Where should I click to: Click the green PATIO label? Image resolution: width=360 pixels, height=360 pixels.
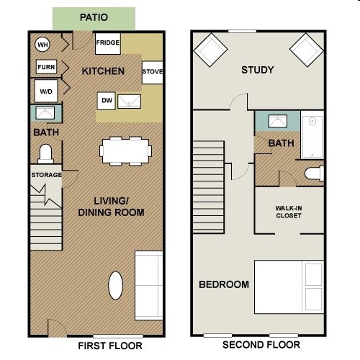click(94, 17)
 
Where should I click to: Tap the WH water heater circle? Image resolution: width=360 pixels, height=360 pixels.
click(42, 44)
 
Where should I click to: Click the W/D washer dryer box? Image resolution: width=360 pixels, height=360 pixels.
click(45, 91)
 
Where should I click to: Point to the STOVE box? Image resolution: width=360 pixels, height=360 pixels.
click(152, 72)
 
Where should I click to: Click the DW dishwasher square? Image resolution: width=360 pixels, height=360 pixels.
click(107, 101)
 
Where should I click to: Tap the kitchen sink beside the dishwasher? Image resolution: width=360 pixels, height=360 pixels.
click(130, 101)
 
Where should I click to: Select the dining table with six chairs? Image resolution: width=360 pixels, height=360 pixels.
click(127, 150)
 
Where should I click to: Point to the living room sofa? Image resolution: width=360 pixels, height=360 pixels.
click(149, 284)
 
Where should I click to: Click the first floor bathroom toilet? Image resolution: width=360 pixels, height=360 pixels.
click(45, 153)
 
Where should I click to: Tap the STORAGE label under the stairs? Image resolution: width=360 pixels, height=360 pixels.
click(46, 175)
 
